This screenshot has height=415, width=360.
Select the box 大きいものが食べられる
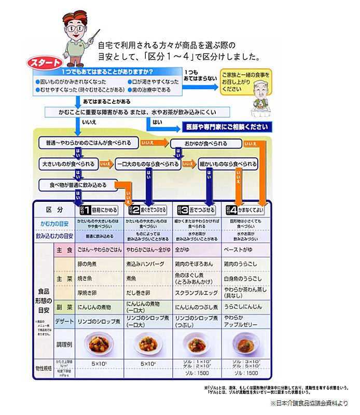click(68, 164)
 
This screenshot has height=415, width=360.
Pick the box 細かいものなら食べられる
click(228, 164)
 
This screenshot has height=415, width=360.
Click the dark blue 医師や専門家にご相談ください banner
click(226, 127)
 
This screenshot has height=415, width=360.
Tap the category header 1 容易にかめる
click(99, 210)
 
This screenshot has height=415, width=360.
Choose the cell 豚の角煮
click(88, 264)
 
